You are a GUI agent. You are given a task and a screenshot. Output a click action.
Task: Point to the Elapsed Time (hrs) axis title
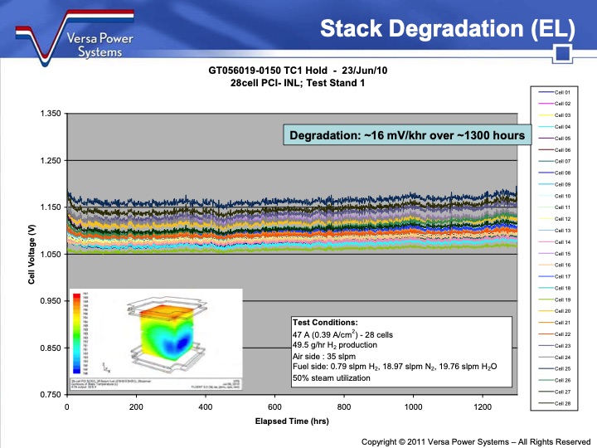tap(293, 421)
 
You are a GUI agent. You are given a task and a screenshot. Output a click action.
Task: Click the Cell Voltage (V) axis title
tap(32, 254)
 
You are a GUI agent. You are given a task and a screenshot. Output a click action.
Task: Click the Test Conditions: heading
tap(325, 322)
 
